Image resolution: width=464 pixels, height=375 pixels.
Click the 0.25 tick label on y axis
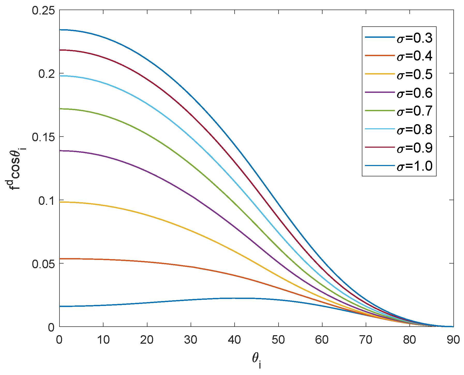point(43,10)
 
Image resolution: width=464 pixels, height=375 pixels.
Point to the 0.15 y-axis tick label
point(43,137)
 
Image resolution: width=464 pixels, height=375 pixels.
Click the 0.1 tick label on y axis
point(47,200)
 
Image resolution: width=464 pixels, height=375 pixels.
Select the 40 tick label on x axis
point(234,340)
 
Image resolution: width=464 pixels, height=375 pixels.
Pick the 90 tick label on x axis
point(453,340)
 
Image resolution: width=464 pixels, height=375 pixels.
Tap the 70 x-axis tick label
point(366,340)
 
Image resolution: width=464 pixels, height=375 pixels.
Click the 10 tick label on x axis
point(103,340)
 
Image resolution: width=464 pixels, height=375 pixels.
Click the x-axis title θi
point(256,360)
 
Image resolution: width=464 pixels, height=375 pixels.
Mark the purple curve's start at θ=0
point(60,151)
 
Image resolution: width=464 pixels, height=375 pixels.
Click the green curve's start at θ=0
point(60,109)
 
